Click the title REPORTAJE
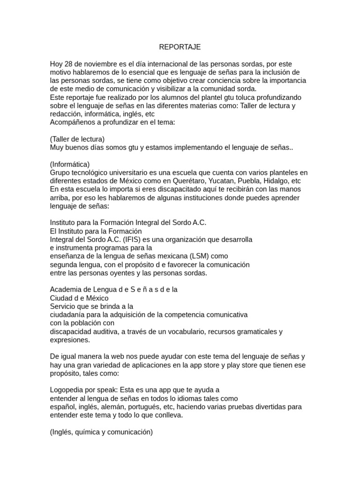[180, 47]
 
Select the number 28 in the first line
[70, 64]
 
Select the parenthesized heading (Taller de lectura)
[77, 139]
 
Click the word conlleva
[167, 415]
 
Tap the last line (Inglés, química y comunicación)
[101, 432]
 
